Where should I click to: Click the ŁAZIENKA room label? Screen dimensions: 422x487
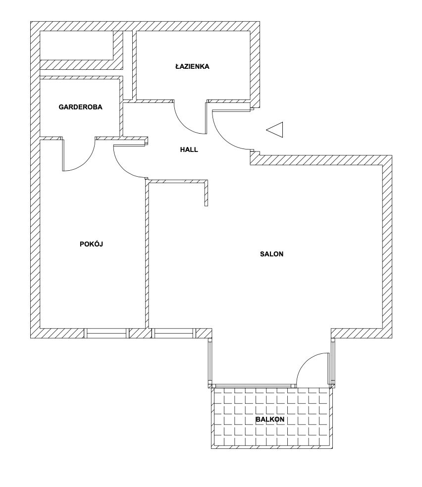tap(192, 66)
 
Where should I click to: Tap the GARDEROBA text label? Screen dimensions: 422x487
tap(80, 107)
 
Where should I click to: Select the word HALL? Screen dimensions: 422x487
tap(189, 149)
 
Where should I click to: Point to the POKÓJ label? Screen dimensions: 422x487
tap(91, 244)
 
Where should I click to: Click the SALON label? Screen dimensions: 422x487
tap(271, 254)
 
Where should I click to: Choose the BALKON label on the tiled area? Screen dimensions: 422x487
tap(270, 419)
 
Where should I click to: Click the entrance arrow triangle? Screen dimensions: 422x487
tap(275, 130)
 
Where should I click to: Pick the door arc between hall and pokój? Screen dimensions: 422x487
tap(124, 168)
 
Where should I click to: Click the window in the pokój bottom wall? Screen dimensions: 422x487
tap(106, 333)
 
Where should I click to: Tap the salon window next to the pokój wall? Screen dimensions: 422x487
tap(174, 333)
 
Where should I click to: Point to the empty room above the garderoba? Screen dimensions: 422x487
tap(76, 46)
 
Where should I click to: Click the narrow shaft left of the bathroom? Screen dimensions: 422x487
tap(128, 65)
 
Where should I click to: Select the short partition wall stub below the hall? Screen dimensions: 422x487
tap(206, 193)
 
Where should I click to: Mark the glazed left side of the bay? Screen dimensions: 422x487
tap(210, 363)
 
